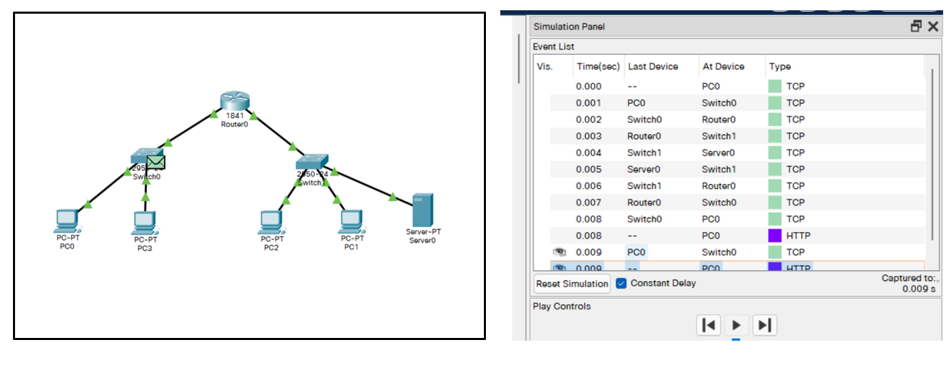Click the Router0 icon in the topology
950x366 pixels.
coord(235,101)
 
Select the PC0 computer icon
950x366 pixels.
coord(67,220)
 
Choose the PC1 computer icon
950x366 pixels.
coord(351,221)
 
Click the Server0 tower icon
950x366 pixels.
coord(422,210)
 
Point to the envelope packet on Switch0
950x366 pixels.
coord(157,162)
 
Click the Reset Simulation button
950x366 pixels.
coord(572,283)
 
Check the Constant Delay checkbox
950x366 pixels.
coord(621,283)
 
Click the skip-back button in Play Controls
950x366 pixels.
coord(709,325)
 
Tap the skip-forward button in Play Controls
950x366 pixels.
coord(765,325)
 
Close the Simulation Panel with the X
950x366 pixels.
coord(933,27)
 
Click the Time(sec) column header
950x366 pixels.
coord(598,66)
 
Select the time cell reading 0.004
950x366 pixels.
coord(588,153)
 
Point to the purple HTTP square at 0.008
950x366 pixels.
coord(775,235)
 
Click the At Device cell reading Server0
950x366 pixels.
coord(718,153)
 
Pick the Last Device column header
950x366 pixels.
coord(653,66)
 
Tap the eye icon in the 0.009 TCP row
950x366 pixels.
coord(559,252)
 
